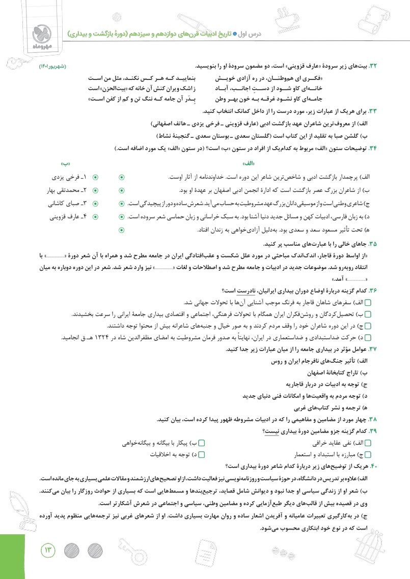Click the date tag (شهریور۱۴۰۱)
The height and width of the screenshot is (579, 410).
pos(53,67)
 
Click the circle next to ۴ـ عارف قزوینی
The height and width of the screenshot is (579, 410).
pos(95,217)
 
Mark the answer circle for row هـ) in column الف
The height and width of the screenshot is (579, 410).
pos(121,230)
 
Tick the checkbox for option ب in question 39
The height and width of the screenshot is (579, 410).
pos(201,443)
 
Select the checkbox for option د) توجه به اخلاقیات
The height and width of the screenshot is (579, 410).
pos(201,455)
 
